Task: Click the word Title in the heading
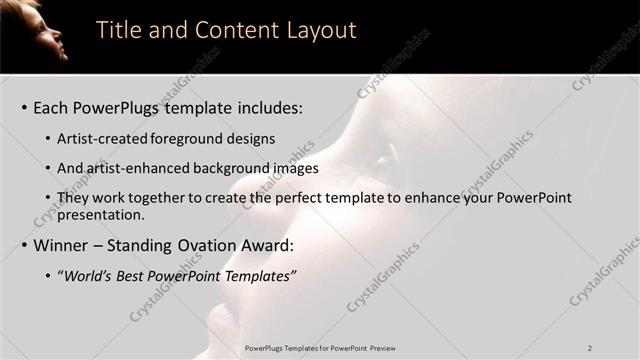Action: [116, 30]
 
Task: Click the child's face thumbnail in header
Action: [35, 30]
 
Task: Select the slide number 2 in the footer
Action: [590, 348]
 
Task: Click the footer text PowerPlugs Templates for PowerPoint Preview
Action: [320, 348]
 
